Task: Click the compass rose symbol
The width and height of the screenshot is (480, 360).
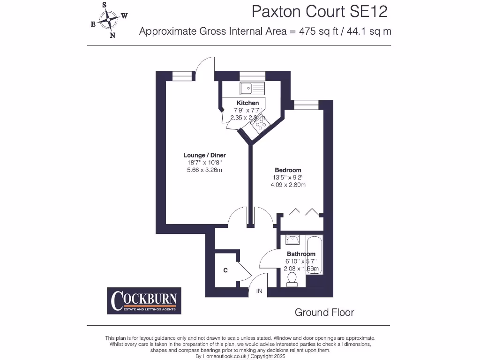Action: pos(109,20)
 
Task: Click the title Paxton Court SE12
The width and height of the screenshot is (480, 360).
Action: pos(320,11)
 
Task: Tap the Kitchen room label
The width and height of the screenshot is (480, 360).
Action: pos(247,103)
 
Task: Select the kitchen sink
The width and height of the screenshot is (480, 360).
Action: pos(252,88)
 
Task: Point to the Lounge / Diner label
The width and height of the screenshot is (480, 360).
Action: pos(204,155)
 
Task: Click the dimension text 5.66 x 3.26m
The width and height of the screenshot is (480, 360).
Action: pos(204,170)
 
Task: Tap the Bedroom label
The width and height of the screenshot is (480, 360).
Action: pos(287,170)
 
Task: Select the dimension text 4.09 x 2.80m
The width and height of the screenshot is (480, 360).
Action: pos(288,185)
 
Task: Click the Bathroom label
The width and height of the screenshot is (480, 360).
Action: pos(301,254)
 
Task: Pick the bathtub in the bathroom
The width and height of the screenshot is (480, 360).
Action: pos(314,260)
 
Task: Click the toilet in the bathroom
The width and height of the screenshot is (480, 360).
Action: pos(292,280)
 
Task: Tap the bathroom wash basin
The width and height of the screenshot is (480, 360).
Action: pos(292,240)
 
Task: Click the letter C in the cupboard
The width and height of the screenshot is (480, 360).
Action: pos(225,270)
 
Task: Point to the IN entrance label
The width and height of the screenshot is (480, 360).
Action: pos(259,291)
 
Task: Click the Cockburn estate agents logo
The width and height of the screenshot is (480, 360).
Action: pos(144,300)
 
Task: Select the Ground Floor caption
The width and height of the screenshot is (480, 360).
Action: pos(324,312)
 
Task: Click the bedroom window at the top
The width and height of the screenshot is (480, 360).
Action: pos(302,105)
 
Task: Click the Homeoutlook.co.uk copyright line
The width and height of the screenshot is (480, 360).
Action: pos(240,356)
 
